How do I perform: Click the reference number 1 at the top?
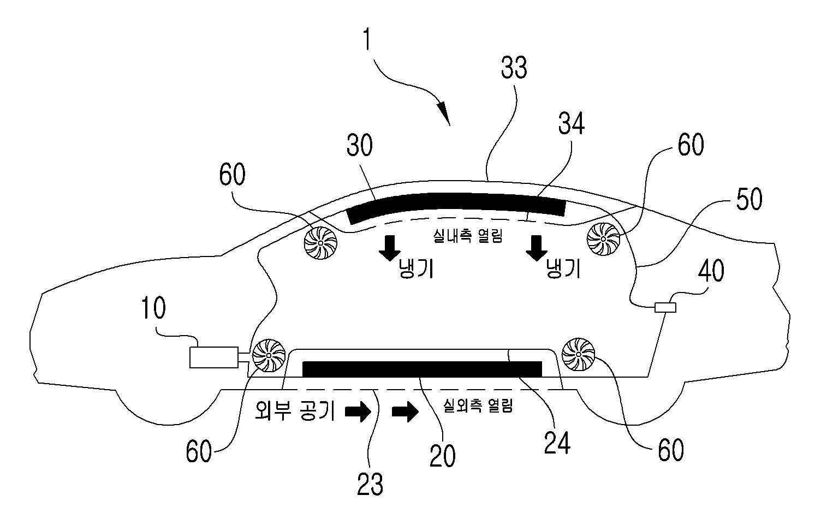(367, 39)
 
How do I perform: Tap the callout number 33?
(514, 68)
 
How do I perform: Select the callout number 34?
(571, 124)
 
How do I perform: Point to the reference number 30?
(360, 145)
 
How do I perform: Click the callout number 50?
(749, 199)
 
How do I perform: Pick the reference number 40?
(711, 270)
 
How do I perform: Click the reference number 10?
(153, 308)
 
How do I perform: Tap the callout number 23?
(370, 484)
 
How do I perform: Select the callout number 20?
(442, 456)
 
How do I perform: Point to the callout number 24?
(557, 443)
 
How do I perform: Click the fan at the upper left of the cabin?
(320, 243)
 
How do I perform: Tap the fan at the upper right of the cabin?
(603, 239)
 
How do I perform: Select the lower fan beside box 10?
(269, 355)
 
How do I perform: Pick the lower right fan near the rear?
(578, 354)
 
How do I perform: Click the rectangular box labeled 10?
(214, 357)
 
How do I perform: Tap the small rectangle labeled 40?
(665, 308)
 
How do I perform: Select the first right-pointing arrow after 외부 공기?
(358, 411)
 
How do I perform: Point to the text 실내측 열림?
(468, 236)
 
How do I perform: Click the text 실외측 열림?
(478, 405)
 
